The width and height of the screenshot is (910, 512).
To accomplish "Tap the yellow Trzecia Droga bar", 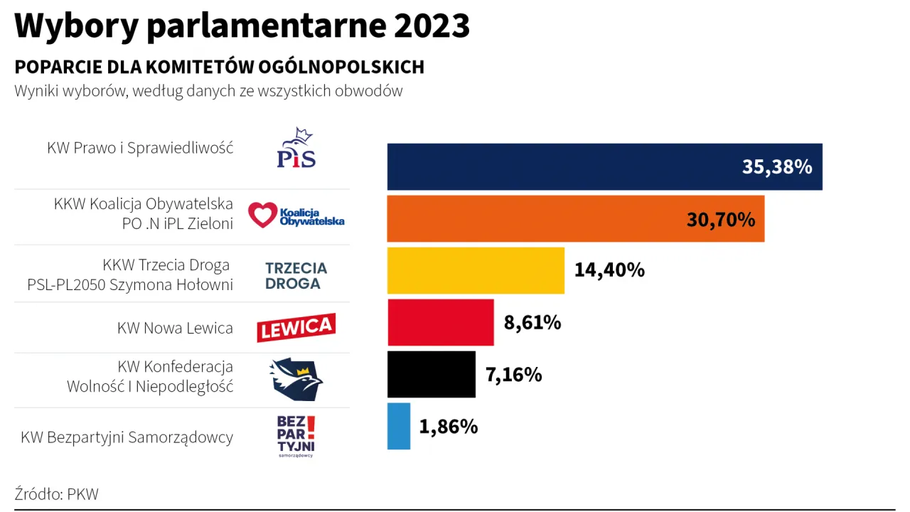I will point(476,270).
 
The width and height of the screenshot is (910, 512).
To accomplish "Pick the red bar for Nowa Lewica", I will point(440,322).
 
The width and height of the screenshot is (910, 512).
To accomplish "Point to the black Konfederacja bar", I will point(431,374).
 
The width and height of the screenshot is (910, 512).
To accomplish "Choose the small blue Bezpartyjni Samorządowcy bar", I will point(399,426).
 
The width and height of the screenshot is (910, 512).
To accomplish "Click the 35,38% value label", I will point(777,167).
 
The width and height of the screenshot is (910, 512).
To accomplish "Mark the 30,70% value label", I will point(720,219).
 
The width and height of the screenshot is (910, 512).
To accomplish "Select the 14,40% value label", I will point(609,270).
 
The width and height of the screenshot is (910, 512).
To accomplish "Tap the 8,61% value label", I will point(532,323).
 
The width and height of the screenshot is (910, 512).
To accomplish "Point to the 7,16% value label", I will point(513,375).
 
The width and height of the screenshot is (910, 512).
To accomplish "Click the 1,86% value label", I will point(449,427).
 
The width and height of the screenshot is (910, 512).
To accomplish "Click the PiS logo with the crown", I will point(296,149).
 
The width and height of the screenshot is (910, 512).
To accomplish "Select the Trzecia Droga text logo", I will point(296,276).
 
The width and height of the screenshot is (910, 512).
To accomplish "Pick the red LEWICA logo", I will point(296,327).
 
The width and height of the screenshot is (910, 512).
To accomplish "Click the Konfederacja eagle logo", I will point(296,379).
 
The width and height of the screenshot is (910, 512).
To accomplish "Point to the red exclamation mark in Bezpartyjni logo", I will point(310,425).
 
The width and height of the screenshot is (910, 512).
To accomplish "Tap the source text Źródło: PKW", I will point(56,494).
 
